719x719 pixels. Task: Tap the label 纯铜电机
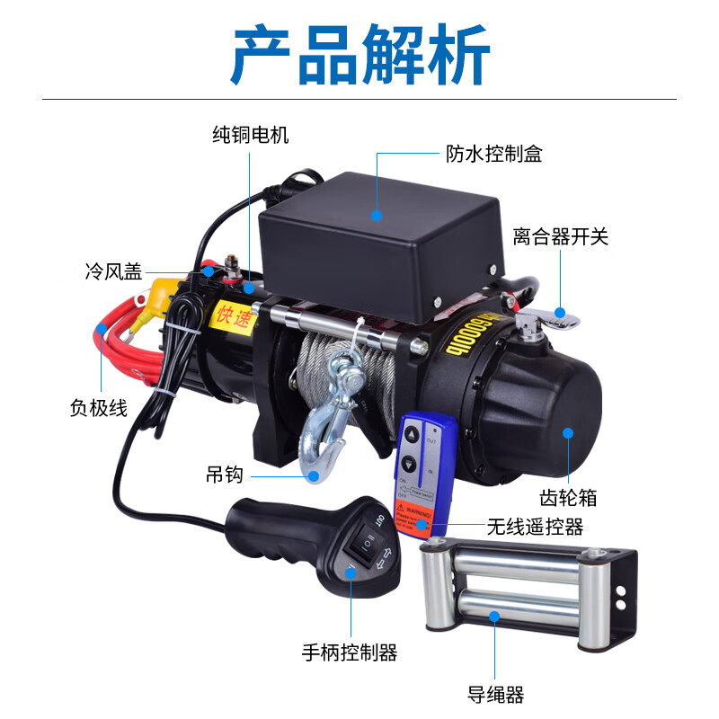pos(251,136)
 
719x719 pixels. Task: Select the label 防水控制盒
pos(494,154)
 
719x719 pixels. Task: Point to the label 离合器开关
pos(561,237)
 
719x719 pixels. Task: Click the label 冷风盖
pos(113,271)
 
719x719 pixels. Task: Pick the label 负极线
pos(98,407)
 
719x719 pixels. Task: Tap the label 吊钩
pos(225,475)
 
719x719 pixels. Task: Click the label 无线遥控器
pos(536,526)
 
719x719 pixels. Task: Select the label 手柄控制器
pos(350,652)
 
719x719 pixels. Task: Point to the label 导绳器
pos(495,694)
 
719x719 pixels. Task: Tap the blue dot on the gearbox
pos(568,432)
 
